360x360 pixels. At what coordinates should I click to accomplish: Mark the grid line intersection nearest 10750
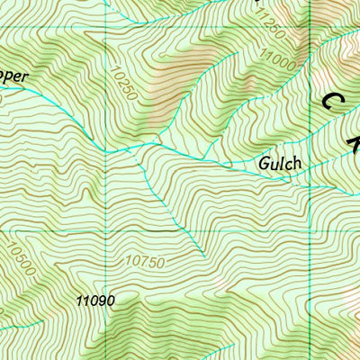coord(107,230)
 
